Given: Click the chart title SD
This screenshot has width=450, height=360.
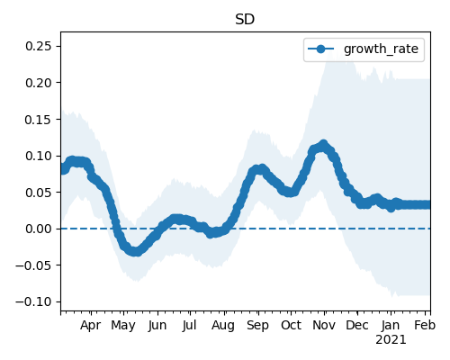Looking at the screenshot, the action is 245,20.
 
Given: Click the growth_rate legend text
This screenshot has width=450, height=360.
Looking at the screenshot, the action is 381,49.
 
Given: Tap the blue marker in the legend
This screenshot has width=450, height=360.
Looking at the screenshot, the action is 320,49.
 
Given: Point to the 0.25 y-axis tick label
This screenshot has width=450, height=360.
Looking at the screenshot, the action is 39,46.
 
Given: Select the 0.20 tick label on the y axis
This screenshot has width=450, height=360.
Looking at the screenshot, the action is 39,83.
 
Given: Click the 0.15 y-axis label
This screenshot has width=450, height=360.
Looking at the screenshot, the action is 39,120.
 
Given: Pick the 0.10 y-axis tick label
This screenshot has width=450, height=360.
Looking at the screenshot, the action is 39,156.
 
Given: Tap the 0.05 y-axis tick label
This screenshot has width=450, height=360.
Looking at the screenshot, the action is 39,193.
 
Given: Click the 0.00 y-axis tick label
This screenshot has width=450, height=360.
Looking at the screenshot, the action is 39,229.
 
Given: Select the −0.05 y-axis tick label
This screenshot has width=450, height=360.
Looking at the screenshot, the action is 33,265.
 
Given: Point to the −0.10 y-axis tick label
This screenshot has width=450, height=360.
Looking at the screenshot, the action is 33,301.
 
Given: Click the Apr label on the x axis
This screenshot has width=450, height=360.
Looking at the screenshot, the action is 90,326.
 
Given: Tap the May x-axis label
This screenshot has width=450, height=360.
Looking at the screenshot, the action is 123,326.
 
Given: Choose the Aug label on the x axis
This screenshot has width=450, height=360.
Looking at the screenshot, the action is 223,326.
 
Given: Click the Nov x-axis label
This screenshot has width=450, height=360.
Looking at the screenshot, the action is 324,325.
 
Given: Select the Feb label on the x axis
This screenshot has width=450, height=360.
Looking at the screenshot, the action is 425,325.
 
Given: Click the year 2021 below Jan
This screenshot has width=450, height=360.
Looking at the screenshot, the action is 391,340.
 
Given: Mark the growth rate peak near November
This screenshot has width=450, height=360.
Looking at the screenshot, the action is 323,145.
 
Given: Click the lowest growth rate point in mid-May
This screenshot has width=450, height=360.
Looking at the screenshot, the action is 136,251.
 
